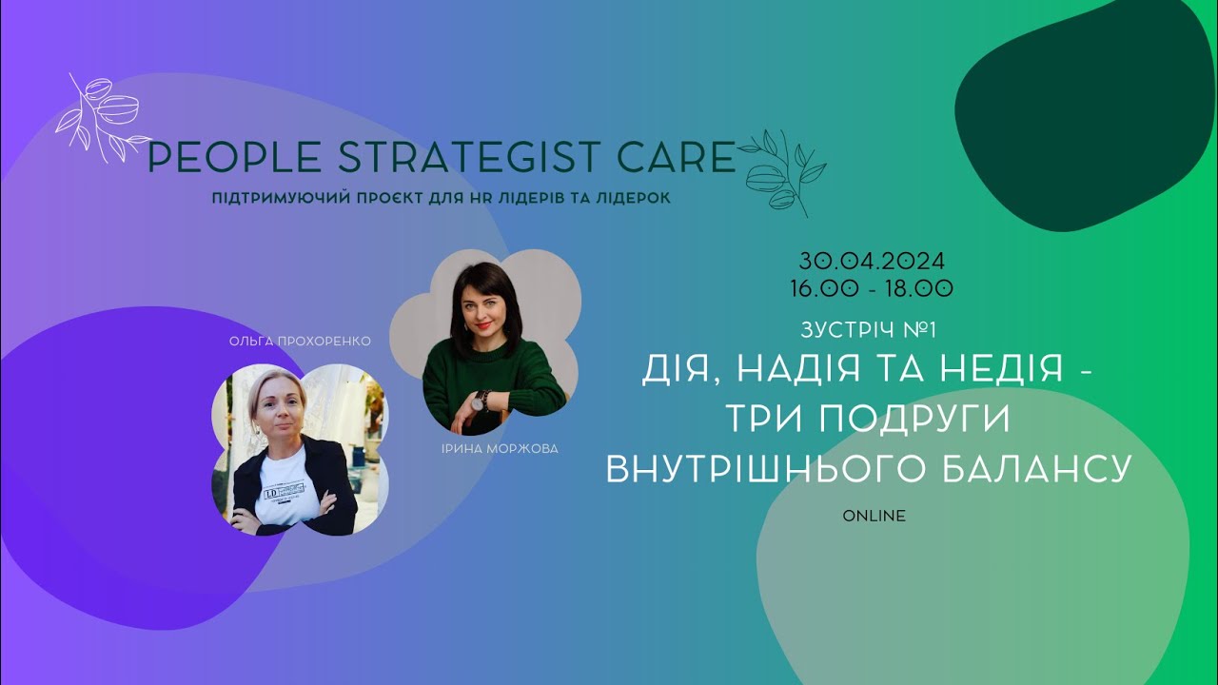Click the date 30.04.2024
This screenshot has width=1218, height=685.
click(x=872, y=261)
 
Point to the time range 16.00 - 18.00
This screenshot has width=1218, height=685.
click(x=872, y=286)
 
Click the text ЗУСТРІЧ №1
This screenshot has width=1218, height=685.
click(x=870, y=331)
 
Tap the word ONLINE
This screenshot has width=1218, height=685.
click(x=874, y=516)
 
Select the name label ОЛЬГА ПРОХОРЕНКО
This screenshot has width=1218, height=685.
click(x=300, y=341)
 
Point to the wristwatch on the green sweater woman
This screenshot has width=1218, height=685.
click(x=482, y=399)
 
